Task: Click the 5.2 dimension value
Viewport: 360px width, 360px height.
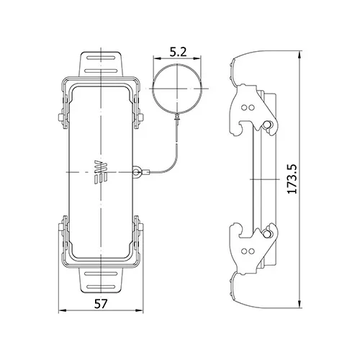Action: click(x=178, y=52)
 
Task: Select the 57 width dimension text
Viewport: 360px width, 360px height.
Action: click(x=100, y=304)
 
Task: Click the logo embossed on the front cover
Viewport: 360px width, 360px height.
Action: click(x=101, y=172)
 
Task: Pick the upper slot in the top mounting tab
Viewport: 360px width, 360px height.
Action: click(x=101, y=58)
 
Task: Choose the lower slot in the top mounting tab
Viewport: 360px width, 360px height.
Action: click(x=101, y=71)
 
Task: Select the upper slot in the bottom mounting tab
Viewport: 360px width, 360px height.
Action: click(x=102, y=274)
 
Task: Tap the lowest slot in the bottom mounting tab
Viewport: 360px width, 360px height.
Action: click(x=102, y=287)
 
